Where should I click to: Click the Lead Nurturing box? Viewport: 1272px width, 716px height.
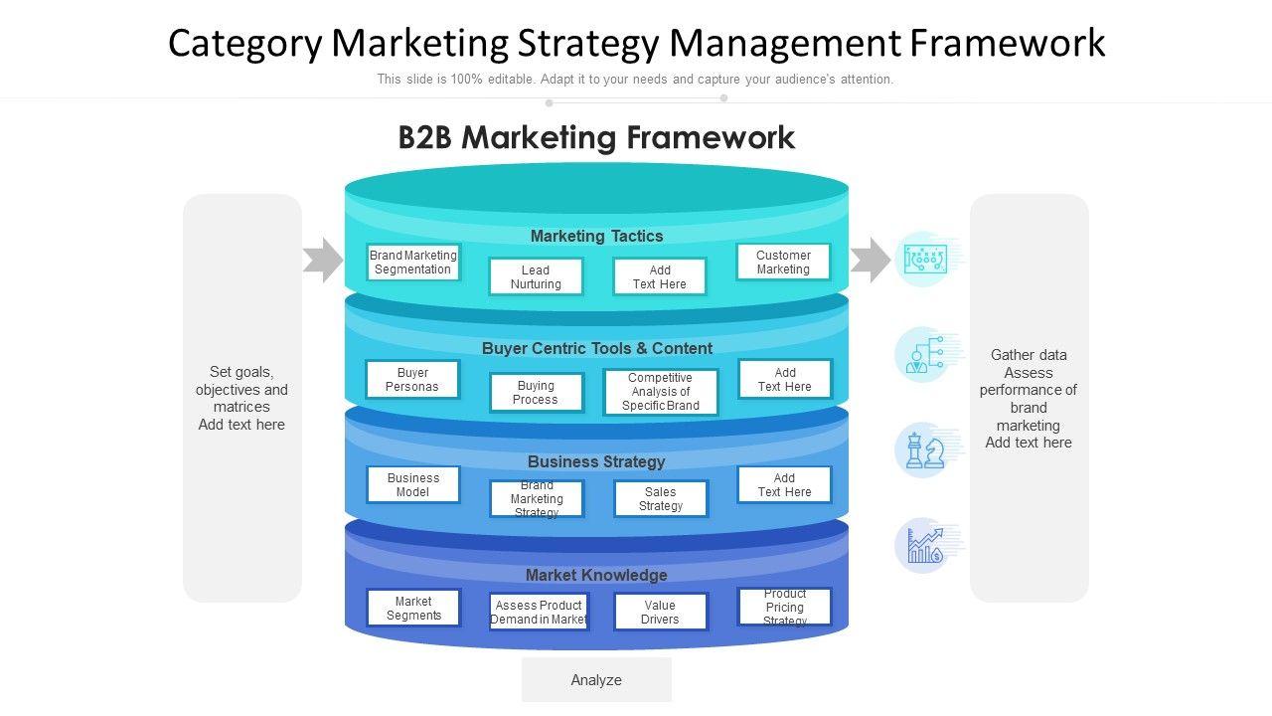point(536,276)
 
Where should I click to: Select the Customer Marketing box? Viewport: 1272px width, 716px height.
point(783,263)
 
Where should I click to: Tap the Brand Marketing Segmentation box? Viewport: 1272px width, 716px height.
point(412,263)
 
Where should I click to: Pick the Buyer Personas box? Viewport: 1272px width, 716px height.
point(412,380)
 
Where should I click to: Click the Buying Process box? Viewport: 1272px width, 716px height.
point(536,393)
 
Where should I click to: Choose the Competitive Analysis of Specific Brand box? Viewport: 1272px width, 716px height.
point(661,392)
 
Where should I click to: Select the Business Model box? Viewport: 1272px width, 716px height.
point(412,485)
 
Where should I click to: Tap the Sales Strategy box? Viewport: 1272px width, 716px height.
point(661,499)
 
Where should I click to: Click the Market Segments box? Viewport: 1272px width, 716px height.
point(413,609)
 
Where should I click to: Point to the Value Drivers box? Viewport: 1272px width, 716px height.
point(661,612)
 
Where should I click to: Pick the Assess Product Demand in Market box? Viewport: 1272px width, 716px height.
point(539,612)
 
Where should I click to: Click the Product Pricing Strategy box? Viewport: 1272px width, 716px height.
point(784,607)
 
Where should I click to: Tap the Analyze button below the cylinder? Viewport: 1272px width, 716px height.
point(596,680)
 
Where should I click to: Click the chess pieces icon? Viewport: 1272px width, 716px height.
point(924,450)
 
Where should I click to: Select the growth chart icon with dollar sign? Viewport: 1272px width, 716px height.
point(924,546)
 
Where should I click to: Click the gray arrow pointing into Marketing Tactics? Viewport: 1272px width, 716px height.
point(323,261)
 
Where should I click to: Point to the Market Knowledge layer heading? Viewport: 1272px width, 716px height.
point(596,575)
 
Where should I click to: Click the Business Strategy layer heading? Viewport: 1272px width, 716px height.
point(596,461)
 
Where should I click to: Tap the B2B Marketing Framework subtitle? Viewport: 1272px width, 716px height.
point(596,137)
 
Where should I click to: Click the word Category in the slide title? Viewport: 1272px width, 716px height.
point(244,44)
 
